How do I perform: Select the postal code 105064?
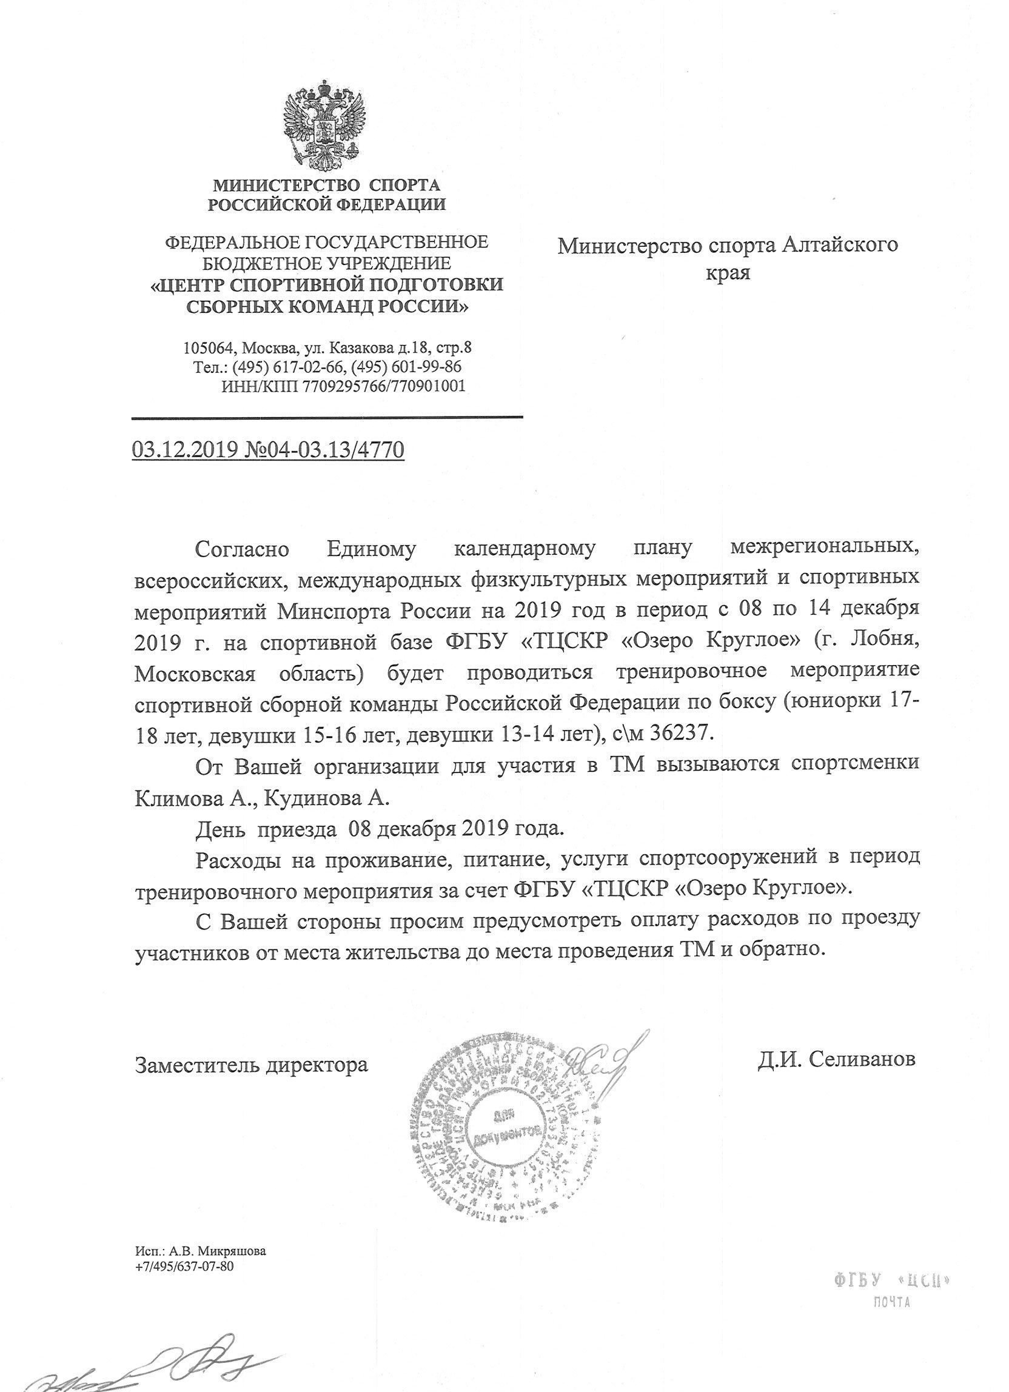(x=209, y=348)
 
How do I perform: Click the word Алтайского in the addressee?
(x=841, y=246)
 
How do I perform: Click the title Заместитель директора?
(x=252, y=1063)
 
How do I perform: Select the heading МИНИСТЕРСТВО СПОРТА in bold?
(x=326, y=184)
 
